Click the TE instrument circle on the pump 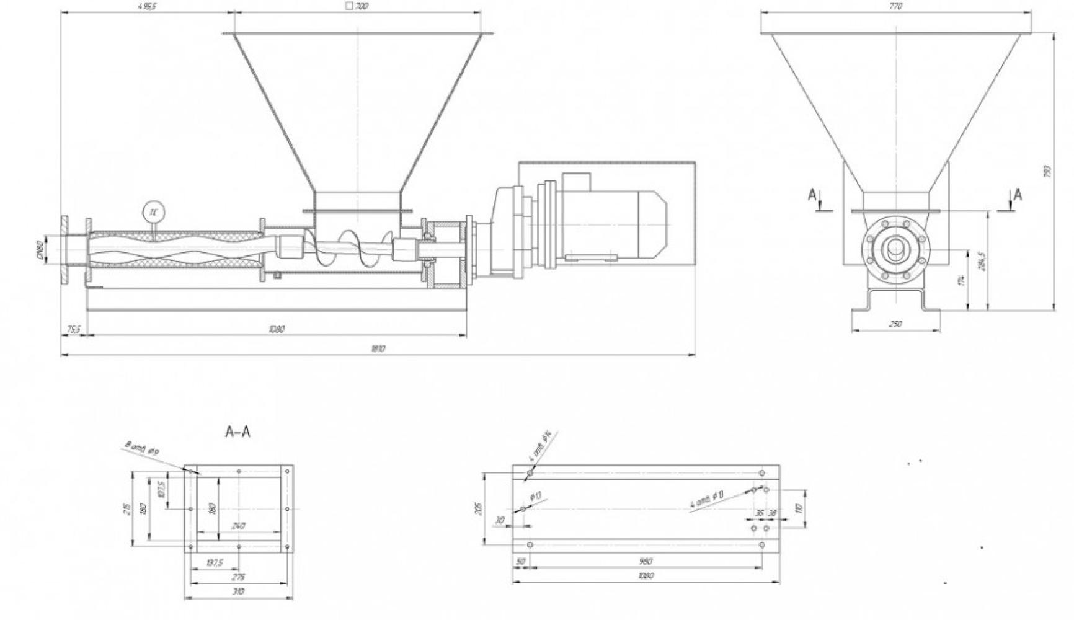153,212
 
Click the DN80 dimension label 38,250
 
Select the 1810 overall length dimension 378,349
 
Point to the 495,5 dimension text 148,6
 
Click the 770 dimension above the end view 895,6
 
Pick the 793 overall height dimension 1047,170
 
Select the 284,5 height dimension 981,260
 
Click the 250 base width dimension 895,324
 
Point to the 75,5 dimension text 73,329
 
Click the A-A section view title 237,432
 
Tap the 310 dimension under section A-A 238,591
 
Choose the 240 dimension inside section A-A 237,526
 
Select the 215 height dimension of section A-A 127,508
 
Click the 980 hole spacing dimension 645,561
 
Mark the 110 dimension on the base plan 799,508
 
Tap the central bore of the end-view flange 895,250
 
